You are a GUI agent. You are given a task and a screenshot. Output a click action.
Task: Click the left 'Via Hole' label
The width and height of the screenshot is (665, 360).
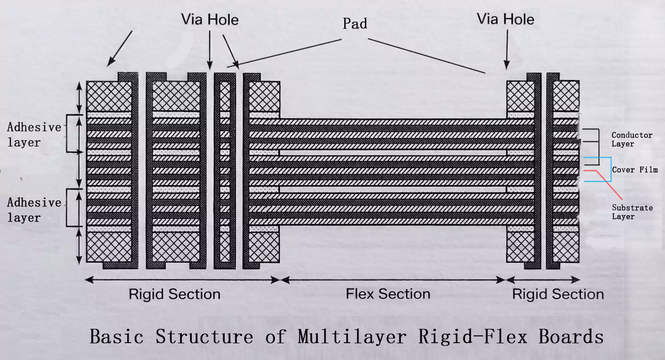tap(210, 19)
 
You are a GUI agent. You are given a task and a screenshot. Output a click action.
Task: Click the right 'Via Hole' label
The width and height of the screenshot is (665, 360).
tap(505, 19)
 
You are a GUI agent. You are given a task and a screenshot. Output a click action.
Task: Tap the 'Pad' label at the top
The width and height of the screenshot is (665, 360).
tap(355, 23)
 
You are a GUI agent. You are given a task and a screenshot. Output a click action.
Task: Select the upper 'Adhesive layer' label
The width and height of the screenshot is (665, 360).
tap(34, 135)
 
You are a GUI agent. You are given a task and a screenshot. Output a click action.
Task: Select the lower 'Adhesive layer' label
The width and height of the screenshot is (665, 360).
tap(34, 210)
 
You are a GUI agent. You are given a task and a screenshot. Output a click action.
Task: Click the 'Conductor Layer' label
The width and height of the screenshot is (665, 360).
tap(631, 139)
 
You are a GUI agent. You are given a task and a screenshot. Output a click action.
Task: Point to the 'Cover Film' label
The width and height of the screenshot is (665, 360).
tap(634, 170)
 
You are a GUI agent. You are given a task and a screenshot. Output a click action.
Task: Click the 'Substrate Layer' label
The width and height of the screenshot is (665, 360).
tap(632, 212)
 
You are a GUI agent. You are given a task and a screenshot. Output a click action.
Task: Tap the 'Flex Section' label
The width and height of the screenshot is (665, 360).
tap(388, 294)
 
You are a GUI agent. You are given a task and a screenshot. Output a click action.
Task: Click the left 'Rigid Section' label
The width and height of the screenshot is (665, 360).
tap(174, 294)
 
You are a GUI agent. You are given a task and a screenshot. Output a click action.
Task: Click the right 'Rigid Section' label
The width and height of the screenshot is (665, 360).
tap(558, 294)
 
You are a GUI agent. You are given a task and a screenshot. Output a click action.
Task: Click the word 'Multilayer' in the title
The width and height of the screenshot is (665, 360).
tap(352, 337)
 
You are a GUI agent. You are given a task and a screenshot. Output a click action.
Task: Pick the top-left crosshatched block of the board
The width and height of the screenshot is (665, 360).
tap(109, 96)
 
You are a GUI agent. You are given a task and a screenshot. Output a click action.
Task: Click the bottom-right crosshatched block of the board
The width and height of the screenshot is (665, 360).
tap(566, 247)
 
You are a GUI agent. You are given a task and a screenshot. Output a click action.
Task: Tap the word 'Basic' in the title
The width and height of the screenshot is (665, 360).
tap(116, 337)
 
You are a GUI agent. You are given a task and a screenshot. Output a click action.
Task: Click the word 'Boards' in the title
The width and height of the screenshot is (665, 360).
tap(571, 337)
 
